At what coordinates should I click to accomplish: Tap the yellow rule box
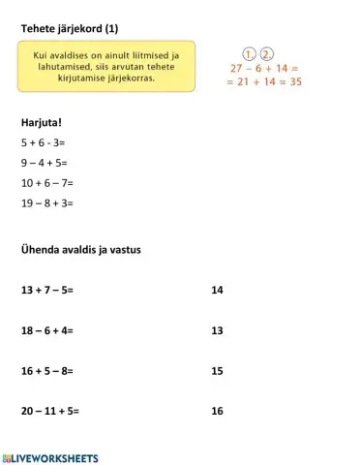(106, 66)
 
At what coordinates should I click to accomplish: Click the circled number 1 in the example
(249, 53)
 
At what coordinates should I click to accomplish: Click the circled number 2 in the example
(267, 53)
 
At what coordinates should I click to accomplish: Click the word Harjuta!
(42, 123)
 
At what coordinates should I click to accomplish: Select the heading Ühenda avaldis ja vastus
(81, 249)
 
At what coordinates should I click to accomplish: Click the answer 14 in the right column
(217, 290)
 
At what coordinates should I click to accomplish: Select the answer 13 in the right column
(217, 330)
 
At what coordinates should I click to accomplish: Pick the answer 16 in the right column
(217, 411)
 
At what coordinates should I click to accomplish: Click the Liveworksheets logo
(50, 456)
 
